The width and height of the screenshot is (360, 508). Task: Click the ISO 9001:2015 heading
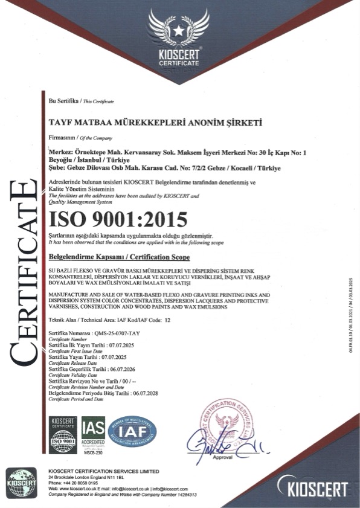pos(117,217)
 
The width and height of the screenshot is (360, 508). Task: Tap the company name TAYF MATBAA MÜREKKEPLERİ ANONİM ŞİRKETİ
pos(155,121)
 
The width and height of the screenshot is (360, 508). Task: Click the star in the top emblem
pos(179,28)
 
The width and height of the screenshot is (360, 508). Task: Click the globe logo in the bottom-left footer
pos(22,483)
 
